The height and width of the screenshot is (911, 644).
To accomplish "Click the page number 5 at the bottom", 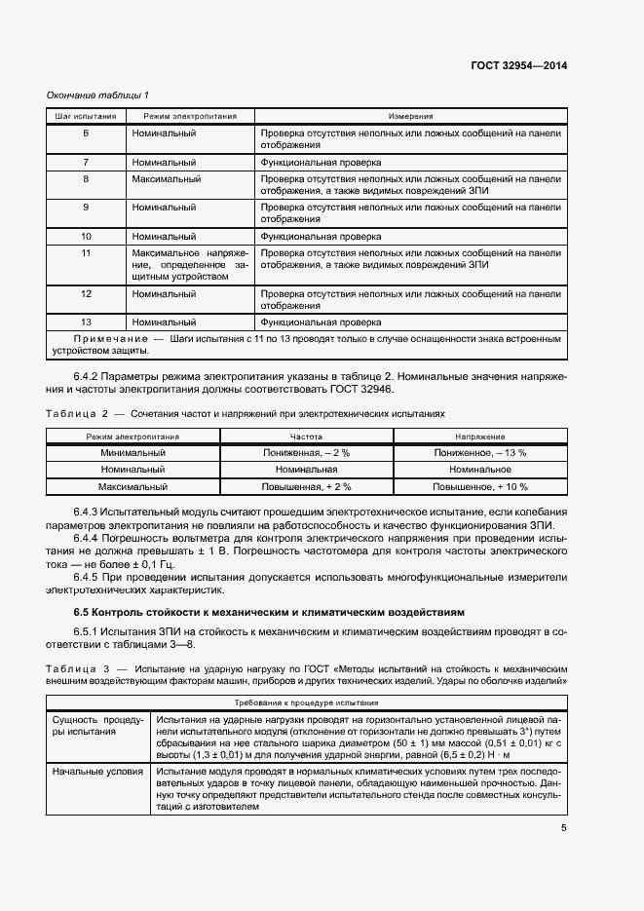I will pos(564,829).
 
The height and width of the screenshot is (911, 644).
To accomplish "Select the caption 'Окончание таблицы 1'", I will pos(97,95).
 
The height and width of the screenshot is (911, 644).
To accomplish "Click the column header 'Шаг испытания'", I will pos(86,116).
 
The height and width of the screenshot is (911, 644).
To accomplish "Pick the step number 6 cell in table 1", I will pos(86,133).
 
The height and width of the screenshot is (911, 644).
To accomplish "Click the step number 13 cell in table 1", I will pos(86,321).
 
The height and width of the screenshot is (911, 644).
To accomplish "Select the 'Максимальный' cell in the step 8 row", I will pos(167,179).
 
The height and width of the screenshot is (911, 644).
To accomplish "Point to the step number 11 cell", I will pos(86,252).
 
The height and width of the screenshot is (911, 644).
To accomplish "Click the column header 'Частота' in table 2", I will pos(306,437).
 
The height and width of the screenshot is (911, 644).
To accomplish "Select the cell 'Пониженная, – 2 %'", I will pos(306,453).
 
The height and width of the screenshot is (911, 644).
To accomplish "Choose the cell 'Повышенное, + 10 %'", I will pos(480,486).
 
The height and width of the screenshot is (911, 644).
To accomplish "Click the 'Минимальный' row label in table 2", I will pos(133,453).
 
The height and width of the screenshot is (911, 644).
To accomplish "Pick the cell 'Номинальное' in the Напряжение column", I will pos(480,470).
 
